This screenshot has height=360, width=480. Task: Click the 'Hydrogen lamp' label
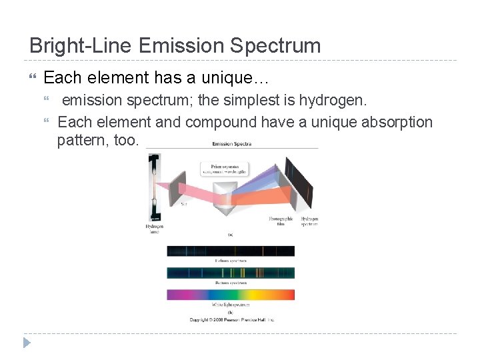155,229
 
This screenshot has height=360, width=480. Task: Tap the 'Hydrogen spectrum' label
309,221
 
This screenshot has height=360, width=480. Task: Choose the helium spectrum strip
231,251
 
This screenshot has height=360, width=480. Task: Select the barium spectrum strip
231,273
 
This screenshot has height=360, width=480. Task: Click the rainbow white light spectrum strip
231,294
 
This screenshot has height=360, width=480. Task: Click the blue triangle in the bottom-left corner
27,343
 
